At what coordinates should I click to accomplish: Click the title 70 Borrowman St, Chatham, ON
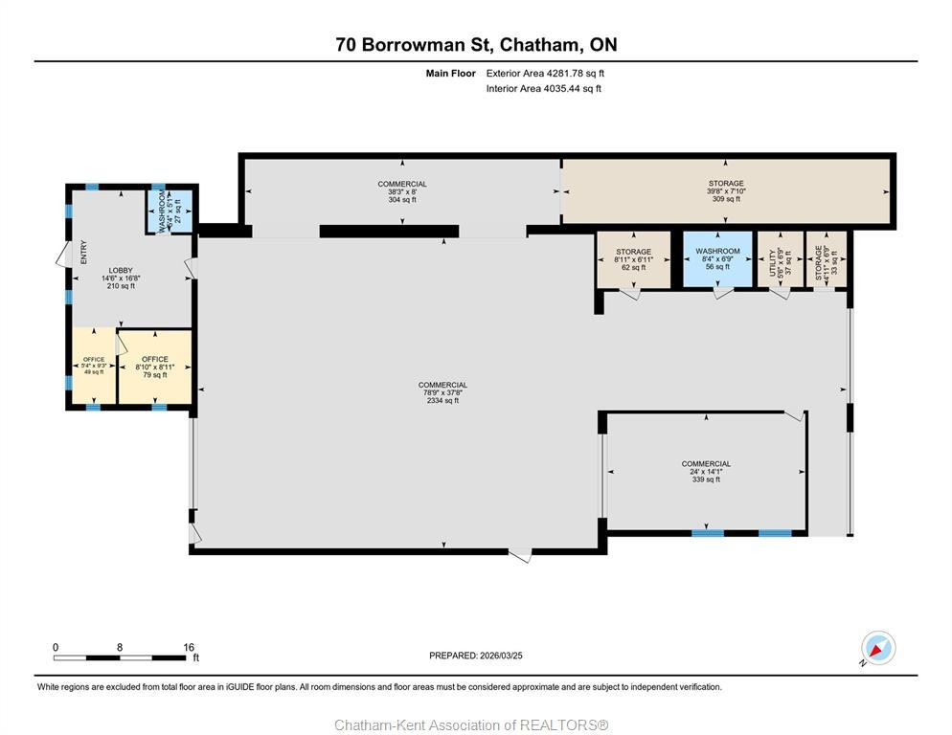(476, 45)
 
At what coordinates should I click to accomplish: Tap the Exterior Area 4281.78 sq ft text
(545, 73)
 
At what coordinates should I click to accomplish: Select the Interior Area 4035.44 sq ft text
(543, 89)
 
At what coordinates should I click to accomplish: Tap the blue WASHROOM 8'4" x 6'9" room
(717, 259)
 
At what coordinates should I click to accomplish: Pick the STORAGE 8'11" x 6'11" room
(633, 259)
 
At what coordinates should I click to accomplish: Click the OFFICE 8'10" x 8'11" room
(154, 367)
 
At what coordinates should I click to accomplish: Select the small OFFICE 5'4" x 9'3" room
(94, 366)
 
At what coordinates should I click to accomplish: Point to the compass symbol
(877, 649)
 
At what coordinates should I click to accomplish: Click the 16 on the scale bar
(188, 647)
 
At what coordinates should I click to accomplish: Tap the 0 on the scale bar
(56, 647)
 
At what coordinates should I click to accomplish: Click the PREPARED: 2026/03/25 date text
(476, 656)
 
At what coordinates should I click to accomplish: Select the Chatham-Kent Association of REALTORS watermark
(471, 725)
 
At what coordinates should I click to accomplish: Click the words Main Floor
(450, 73)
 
